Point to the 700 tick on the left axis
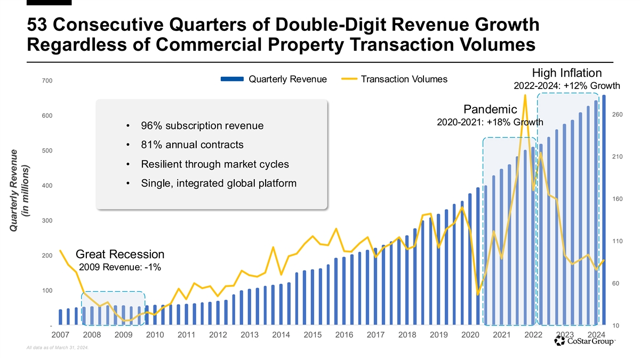click(x=46, y=81)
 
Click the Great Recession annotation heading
click(x=120, y=254)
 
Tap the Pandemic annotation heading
click(x=490, y=109)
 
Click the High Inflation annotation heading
click(x=567, y=73)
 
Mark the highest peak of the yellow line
click(x=525, y=96)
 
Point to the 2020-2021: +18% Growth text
click(x=490, y=123)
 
